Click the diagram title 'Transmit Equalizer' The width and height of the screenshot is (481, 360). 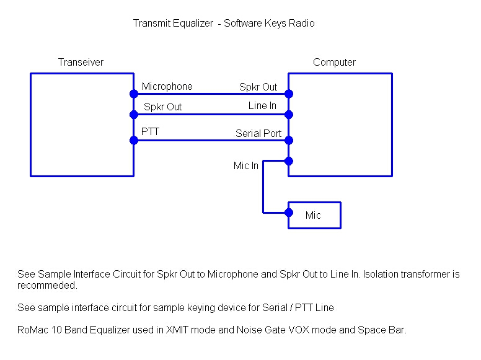click(173, 24)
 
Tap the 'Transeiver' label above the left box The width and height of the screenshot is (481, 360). click(81, 62)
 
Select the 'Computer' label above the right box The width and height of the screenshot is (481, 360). click(334, 62)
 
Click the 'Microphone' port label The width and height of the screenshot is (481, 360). click(167, 87)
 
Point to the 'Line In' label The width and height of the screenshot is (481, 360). click(262, 105)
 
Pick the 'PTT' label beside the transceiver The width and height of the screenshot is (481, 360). click(150, 131)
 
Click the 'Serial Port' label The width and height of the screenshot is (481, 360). click(258, 133)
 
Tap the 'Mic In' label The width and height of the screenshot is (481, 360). click(245, 165)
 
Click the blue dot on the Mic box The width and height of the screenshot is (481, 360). click(289, 213)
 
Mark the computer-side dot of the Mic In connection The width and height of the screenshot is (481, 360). click(289, 161)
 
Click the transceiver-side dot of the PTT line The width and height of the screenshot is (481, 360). click(134, 141)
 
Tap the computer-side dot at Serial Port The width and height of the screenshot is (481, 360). click(289, 141)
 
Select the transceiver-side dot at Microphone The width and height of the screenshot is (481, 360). click(134, 94)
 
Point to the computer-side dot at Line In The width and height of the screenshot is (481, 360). click(289, 115)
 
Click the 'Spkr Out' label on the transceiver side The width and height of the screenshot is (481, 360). click(162, 107)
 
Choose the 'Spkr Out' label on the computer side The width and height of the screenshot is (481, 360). click(258, 87)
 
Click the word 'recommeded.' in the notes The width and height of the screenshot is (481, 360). click(47, 286)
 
